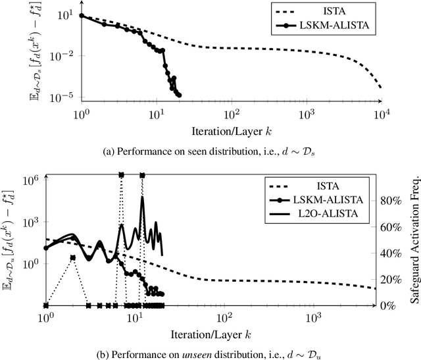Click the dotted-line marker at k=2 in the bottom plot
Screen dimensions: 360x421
click(72, 257)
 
